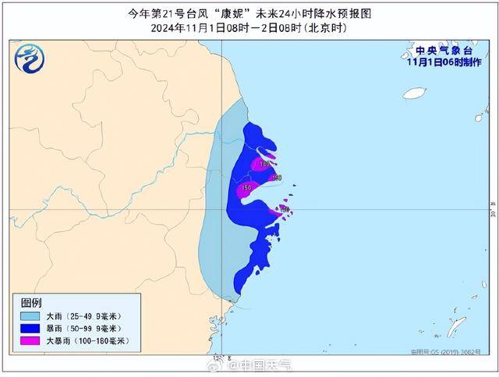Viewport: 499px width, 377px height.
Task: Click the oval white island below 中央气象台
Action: click(x=414, y=93)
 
